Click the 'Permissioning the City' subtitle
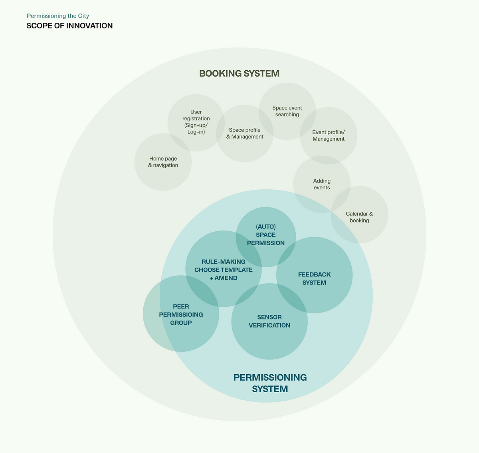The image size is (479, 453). coord(58,16)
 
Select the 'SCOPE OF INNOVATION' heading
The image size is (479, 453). coord(69,26)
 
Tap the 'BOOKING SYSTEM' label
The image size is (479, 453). coord(239,74)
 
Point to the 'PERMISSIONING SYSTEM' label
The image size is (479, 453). coord(270,383)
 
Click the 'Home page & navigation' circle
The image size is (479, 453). coord(163,162)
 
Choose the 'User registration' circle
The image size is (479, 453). coord(196,122)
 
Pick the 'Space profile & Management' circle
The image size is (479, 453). coord(245,133)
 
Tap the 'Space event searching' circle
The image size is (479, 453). coord(287,111)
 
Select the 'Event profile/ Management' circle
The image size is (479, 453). coord(329,135)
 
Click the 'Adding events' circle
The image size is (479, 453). coord(322,184)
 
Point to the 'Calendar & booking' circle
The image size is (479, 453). coord(359,217)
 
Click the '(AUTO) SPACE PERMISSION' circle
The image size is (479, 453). coord(266,235)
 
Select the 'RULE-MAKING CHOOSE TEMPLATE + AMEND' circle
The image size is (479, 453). coord(224,270)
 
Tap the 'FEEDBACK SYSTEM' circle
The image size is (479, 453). coord(314,278)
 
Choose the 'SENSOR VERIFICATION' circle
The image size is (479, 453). coord(269,321)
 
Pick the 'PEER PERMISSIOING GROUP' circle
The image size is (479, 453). coord(181,314)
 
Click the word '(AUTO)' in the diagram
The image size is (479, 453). coord(266,226)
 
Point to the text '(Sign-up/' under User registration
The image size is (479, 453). coord(196,125)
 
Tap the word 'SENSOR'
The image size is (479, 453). coord(269,317)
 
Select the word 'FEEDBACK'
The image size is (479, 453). coord(314,274)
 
